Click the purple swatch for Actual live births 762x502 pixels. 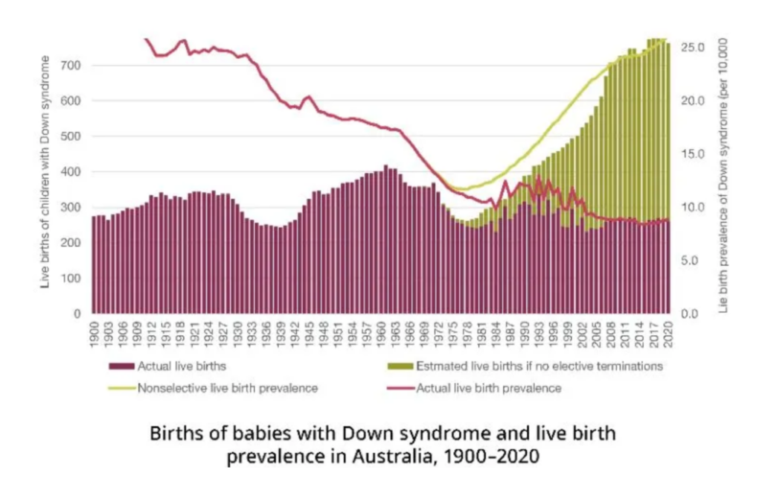click(121, 366)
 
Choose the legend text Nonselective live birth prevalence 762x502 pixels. click(228, 388)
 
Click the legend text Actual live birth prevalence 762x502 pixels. click(488, 388)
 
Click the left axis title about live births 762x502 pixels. click(46, 172)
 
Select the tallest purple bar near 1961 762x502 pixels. click(385, 238)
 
